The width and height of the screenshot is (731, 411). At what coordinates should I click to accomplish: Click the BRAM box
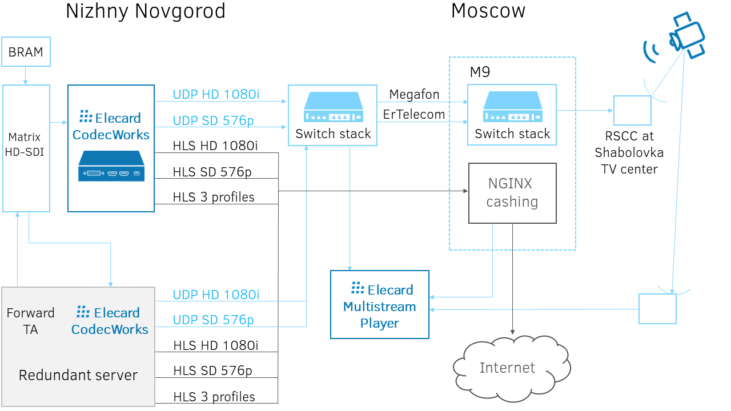(26, 52)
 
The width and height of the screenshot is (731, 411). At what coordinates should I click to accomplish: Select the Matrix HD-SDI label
(26, 144)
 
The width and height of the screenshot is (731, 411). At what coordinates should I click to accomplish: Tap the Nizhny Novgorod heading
(145, 11)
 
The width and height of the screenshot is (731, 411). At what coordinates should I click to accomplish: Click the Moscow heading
(488, 11)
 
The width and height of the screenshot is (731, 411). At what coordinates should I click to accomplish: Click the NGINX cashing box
(512, 193)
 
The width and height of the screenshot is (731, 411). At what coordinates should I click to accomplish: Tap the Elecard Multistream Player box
(379, 305)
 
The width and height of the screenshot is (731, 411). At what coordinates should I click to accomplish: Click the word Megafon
(414, 94)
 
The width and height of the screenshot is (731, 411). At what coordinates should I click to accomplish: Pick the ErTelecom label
(414, 114)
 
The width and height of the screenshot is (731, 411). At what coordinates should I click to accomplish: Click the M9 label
(480, 72)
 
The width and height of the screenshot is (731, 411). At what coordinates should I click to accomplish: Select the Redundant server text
(78, 375)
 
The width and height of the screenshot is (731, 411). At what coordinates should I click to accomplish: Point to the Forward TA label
(30, 321)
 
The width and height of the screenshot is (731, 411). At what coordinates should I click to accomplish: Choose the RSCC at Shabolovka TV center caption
(629, 152)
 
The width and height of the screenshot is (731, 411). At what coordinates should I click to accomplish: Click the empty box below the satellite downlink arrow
(657, 309)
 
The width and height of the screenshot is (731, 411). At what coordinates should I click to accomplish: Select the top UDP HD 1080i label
(216, 95)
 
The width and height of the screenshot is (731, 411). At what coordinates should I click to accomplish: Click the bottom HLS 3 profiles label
(214, 397)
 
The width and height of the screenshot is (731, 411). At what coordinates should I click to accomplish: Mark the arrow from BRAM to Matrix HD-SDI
(26, 75)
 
